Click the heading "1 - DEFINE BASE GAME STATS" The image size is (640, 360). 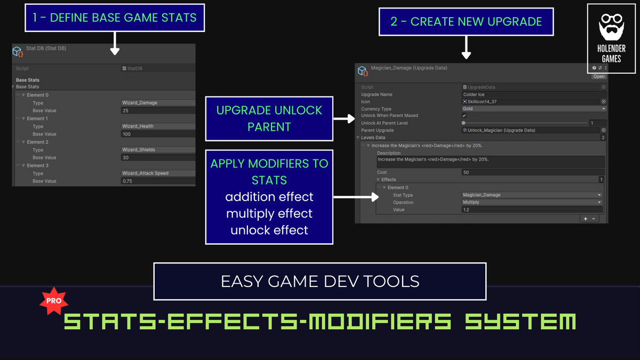click(x=115, y=18)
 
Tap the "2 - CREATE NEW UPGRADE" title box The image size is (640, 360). click(x=466, y=22)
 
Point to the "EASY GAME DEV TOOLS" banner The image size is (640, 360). click(x=320, y=281)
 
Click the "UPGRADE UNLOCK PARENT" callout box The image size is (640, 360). click(x=269, y=118)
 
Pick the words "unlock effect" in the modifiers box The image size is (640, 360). click(x=269, y=230)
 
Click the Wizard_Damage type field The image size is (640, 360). click(x=158, y=103)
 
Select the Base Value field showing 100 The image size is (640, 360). click(x=158, y=134)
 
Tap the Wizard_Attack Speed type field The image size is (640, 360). click(x=158, y=173)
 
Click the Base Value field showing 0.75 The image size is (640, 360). click(x=158, y=181)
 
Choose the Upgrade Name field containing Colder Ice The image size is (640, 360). click(x=533, y=94)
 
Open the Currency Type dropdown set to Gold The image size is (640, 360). click(x=533, y=109)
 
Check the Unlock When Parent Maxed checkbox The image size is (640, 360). click(x=464, y=116)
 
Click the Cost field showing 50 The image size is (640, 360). click(x=533, y=172)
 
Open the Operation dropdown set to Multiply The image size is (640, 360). click(x=532, y=203)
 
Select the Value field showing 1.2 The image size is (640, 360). click(x=532, y=210)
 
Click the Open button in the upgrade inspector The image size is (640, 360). click(x=599, y=77)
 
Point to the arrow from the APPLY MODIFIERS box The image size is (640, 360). click(x=352, y=197)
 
